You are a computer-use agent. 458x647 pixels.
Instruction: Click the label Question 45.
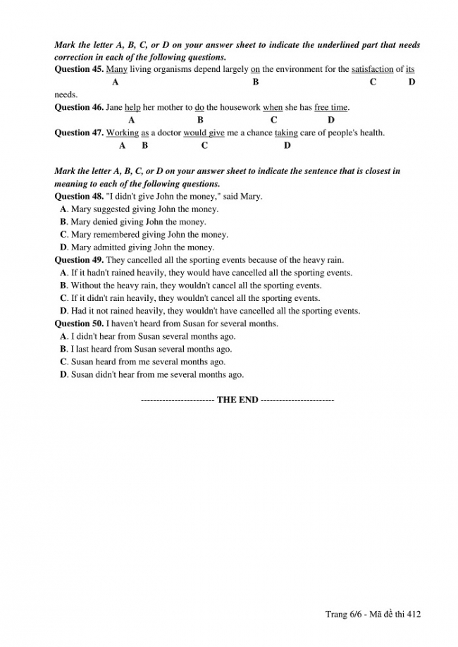pyautogui.click(x=79, y=70)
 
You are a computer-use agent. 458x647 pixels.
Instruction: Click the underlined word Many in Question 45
pyautogui.click(x=116, y=70)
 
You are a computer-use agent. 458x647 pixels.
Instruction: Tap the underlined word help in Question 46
pyautogui.click(x=132, y=108)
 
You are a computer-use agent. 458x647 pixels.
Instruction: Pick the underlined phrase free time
pyautogui.click(x=330, y=108)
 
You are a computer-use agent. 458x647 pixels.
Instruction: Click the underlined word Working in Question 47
pyautogui.click(x=123, y=133)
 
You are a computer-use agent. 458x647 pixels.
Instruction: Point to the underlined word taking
pyautogui.click(x=286, y=133)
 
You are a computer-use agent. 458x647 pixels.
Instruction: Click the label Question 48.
pyautogui.click(x=79, y=197)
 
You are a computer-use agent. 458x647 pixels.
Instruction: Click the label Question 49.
pyautogui.click(x=79, y=260)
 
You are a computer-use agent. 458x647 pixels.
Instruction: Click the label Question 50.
pyautogui.click(x=79, y=323)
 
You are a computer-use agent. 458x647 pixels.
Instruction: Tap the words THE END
pyautogui.click(x=237, y=400)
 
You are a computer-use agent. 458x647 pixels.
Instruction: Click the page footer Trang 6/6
pyautogui.click(x=342, y=615)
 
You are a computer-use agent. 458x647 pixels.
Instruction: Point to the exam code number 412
pyautogui.click(x=414, y=615)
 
